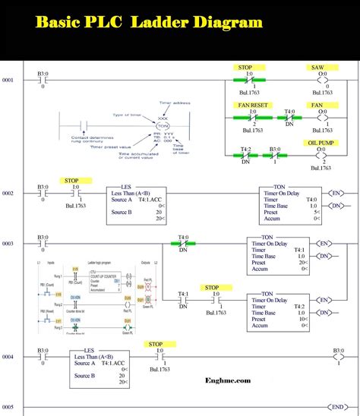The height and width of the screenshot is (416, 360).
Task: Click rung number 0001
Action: click(x=8, y=80)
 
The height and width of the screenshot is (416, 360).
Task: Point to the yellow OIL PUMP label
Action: click(x=321, y=141)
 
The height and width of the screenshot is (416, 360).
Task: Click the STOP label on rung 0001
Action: click(x=245, y=68)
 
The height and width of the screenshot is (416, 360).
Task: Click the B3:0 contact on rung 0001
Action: click(x=43, y=80)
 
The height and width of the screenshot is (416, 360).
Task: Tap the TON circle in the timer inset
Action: click(x=162, y=126)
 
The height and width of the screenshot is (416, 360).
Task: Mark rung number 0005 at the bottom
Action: click(x=8, y=405)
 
